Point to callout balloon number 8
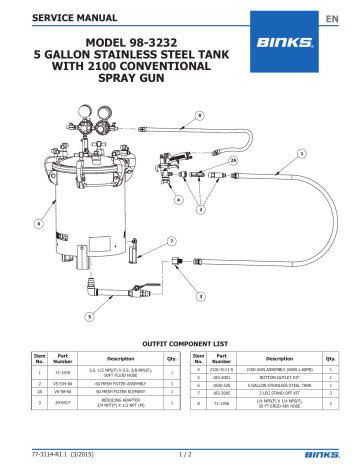[x=199, y=116]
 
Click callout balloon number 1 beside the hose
[x=329, y=153]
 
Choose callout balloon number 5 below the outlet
[x=89, y=314]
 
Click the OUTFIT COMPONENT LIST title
[x=180, y=340]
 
